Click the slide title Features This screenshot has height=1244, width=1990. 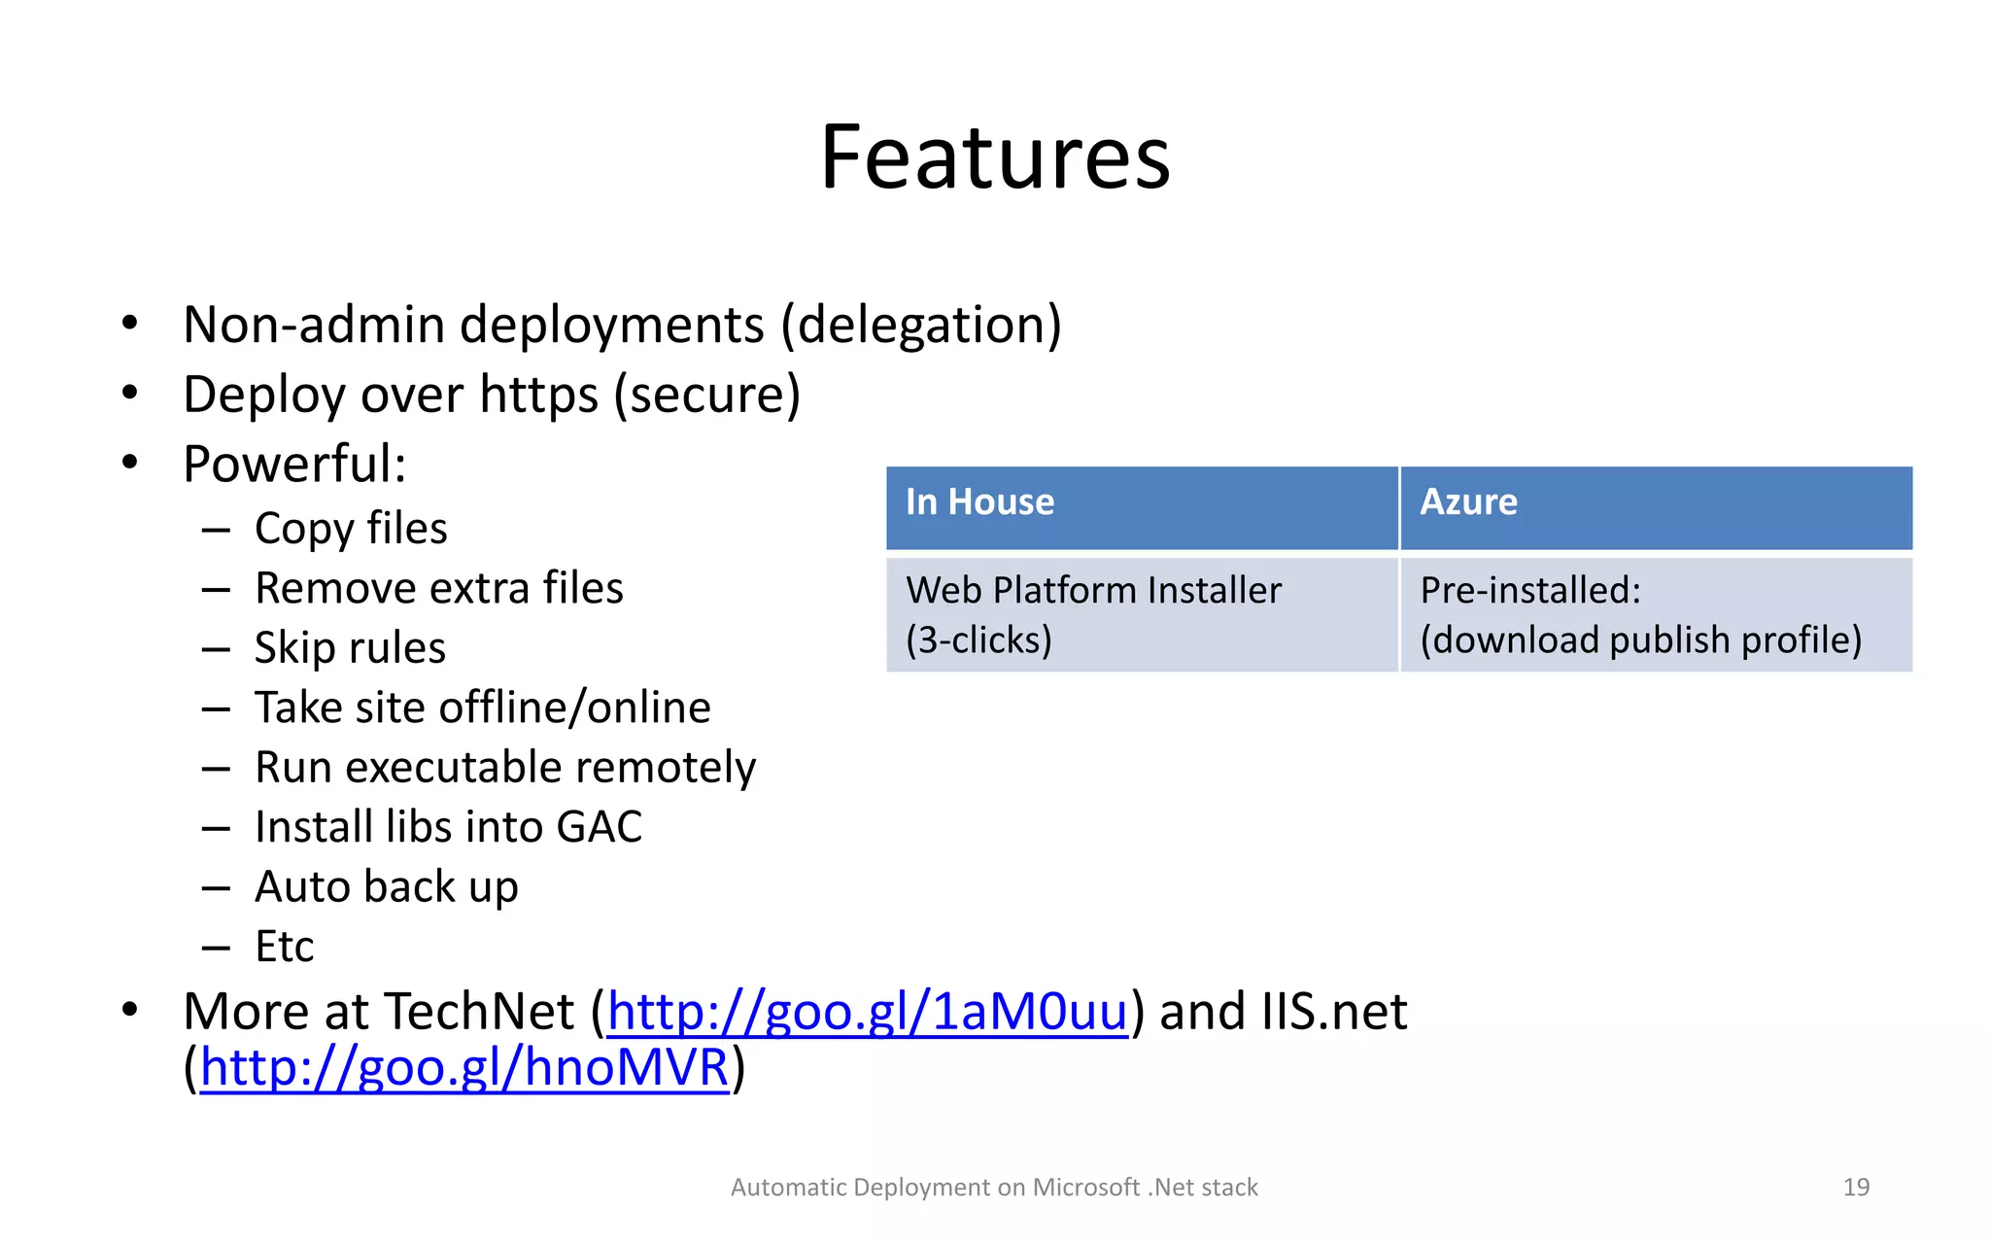click(x=995, y=157)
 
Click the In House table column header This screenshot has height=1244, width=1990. click(x=979, y=502)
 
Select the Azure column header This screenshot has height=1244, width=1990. click(x=1468, y=502)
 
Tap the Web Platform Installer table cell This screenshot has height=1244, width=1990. click(x=1093, y=614)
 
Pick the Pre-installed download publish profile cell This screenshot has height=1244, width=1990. click(x=1640, y=614)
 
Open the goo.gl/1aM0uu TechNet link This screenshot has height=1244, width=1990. click(x=867, y=1012)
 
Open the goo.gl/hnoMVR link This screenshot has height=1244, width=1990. click(x=464, y=1067)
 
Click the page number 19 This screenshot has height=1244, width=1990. click(x=1856, y=1187)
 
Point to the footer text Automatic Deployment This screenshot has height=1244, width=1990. click(x=994, y=1187)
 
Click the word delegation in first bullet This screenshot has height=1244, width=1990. click(x=921, y=325)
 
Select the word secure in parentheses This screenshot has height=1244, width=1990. click(x=706, y=395)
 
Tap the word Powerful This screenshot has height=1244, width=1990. click(x=293, y=464)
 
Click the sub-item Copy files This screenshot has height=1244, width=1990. click(x=351, y=529)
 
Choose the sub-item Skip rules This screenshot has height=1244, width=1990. click(x=350, y=648)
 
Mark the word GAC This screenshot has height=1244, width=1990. click(x=599, y=827)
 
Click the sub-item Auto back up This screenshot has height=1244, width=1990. click(x=386, y=886)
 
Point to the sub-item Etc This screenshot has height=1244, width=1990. click(x=284, y=947)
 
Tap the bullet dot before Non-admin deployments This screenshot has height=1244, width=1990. click(x=130, y=324)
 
